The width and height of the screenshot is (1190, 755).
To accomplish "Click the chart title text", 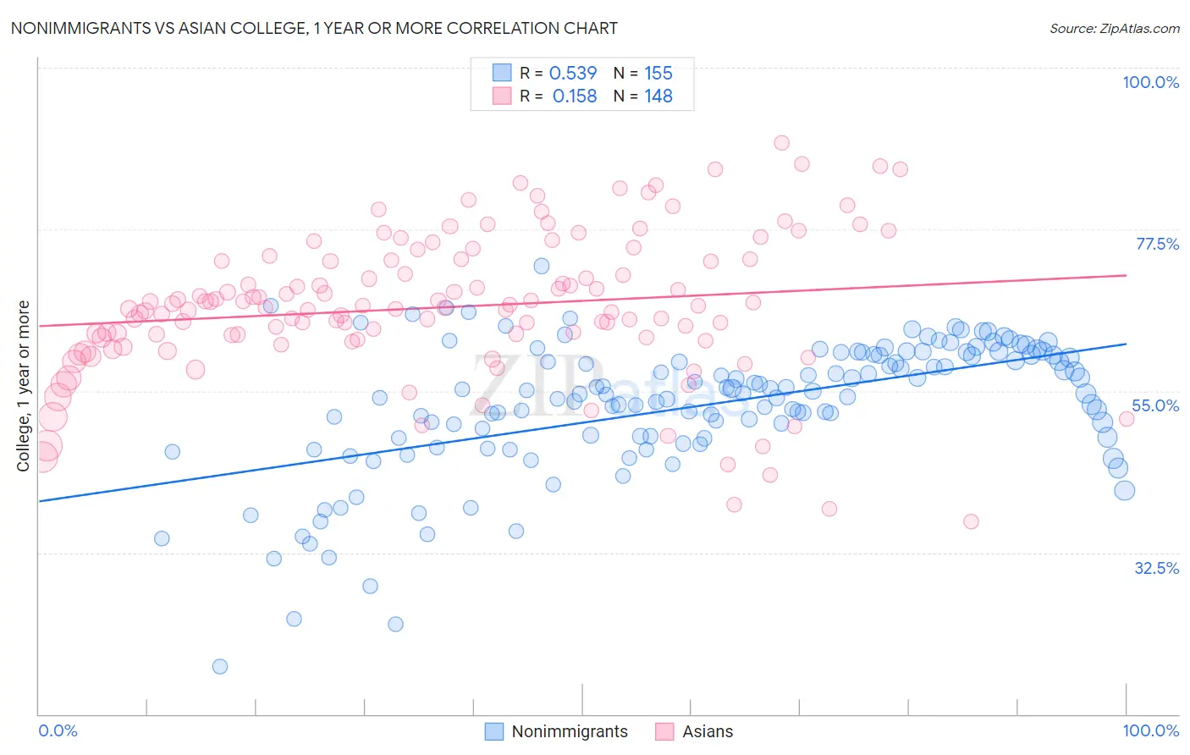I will (313, 28).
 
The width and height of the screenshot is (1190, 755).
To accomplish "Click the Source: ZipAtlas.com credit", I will (1114, 28).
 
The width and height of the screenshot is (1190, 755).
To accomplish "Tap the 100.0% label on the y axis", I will (1150, 82).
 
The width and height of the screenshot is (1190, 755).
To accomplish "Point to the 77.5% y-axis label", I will (1157, 244).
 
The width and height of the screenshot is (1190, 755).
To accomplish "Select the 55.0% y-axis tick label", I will (1155, 405).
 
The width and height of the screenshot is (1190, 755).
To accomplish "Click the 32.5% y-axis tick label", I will (1156, 568).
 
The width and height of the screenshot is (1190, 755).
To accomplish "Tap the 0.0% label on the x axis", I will (58, 730).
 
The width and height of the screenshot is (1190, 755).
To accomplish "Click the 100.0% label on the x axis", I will (1150, 730).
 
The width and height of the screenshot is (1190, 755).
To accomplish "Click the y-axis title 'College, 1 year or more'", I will (24, 386).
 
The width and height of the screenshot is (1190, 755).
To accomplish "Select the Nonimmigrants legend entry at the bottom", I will (570, 731).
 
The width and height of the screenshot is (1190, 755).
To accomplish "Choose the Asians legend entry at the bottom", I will (708, 731).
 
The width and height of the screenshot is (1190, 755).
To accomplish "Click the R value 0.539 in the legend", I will (573, 74).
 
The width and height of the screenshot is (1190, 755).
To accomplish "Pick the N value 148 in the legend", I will (658, 96).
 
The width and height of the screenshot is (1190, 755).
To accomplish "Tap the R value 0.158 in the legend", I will (574, 96).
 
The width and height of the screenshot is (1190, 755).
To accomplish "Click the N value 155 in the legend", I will (658, 74).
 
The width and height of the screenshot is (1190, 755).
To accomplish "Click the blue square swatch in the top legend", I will (502, 74).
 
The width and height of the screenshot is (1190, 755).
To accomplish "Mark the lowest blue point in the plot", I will (220, 666).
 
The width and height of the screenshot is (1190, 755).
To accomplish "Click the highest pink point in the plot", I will (782, 143).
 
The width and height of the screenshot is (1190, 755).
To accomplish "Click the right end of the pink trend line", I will (1126, 275).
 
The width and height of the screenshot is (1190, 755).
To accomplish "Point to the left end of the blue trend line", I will (39, 501).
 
